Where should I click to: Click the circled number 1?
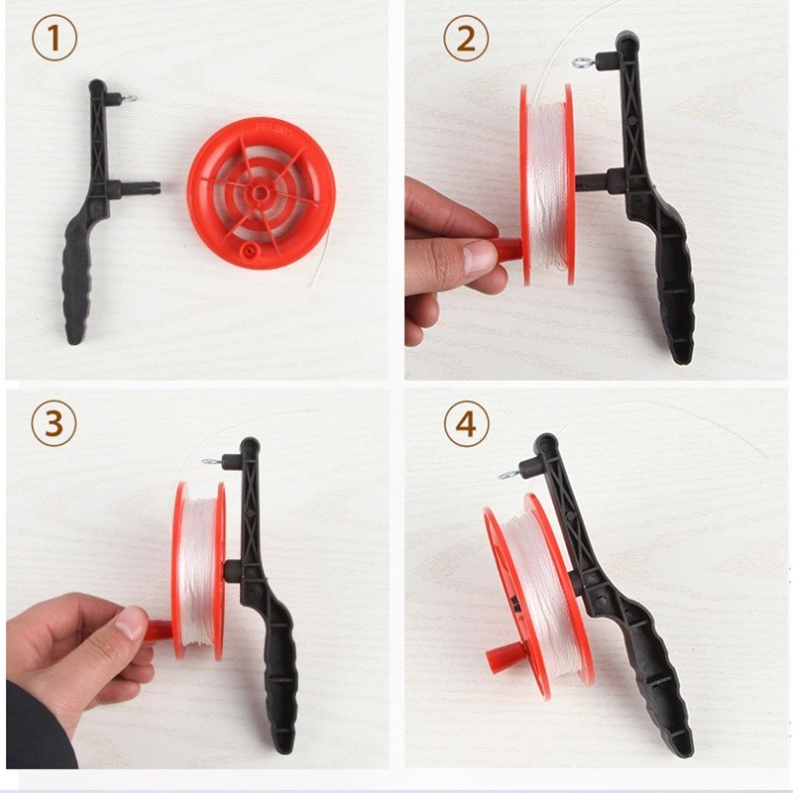[55, 39]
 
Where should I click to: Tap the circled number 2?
[466, 39]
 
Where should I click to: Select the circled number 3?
[54, 423]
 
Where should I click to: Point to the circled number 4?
[466, 424]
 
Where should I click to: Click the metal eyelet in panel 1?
[131, 97]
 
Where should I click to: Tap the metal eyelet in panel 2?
[581, 62]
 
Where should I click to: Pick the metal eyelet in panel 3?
[210, 461]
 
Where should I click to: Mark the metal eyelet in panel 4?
[508, 475]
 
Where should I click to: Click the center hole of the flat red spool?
[260, 191]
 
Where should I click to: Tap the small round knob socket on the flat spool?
[248, 249]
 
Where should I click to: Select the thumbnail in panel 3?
[131, 623]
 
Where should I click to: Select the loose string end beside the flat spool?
[319, 257]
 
